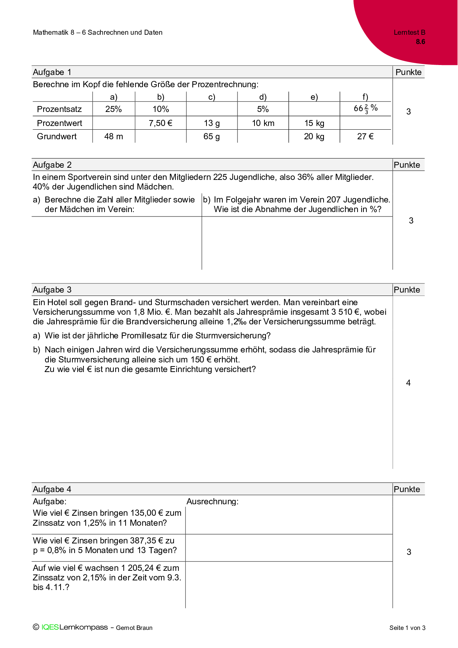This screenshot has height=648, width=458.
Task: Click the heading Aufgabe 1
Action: pos(52,72)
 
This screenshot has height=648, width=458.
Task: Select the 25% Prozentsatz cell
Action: pos(113,109)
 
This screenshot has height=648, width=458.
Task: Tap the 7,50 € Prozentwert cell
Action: pos(161,123)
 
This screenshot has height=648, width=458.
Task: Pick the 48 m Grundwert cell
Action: pos(113,136)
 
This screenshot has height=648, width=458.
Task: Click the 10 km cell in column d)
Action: pos(263,123)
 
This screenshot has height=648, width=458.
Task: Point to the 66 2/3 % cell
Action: pos(365,109)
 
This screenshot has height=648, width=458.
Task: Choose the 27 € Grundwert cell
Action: pos(365,136)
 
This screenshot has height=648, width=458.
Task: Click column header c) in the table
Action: pos(212,97)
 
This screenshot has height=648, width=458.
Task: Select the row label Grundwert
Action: pos(57,136)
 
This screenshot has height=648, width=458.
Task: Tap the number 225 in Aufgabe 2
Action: pos(220,177)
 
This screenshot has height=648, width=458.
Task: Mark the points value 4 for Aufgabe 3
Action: pos(408,383)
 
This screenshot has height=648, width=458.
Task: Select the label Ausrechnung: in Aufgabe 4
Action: pos(212,501)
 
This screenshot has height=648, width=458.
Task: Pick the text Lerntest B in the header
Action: pos(409,33)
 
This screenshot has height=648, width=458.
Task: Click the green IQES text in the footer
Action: pos(50,627)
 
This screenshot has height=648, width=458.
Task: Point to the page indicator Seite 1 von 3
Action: pos(407,628)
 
